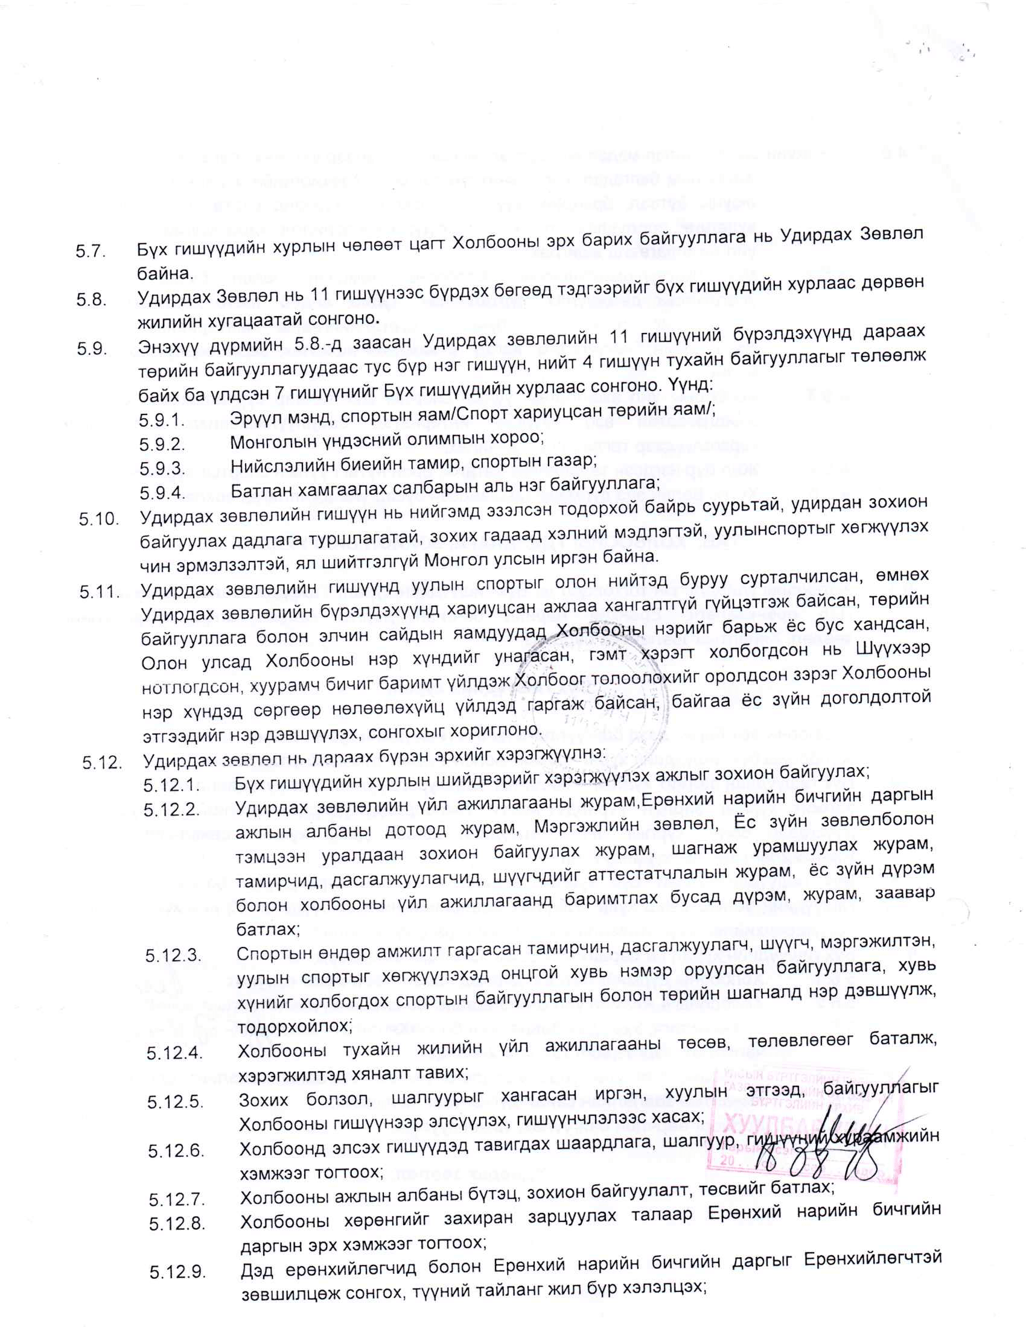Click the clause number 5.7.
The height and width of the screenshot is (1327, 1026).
91,252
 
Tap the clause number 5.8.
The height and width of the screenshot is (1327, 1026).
91,300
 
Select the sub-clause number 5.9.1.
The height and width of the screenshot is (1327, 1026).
161,420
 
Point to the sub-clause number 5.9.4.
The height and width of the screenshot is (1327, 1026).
162,492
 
